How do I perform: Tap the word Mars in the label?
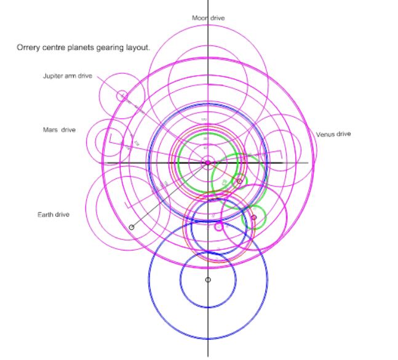[x=50, y=130]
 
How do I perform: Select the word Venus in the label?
[x=325, y=134]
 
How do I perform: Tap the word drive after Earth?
[x=62, y=215]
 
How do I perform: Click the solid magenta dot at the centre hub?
[x=208, y=162]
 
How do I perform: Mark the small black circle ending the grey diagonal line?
[x=132, y=227]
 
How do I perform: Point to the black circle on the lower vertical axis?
[x=208, y=280]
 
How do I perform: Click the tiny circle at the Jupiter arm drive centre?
[x=122, y=95]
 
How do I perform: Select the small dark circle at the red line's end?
[x=239, y=181]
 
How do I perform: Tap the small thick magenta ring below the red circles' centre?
[x=218, y=226]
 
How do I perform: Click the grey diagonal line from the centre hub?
[x=169, y=195]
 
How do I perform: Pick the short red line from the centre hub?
[x=224, y=172]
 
